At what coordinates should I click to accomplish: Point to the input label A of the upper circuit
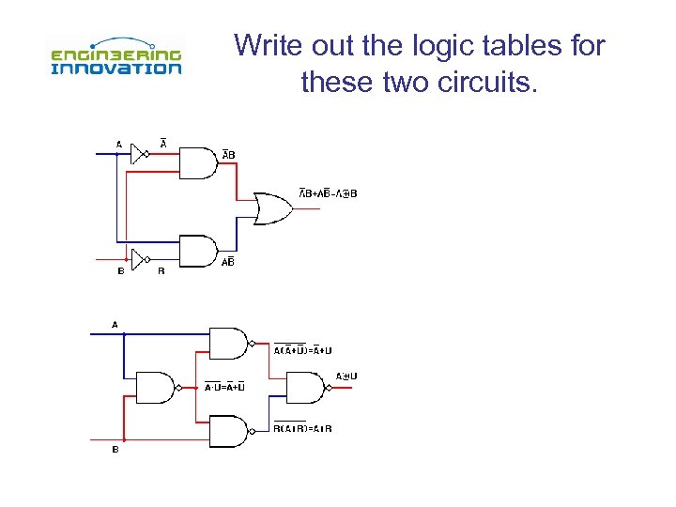coord(118,144)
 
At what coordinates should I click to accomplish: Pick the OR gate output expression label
coord(328,193)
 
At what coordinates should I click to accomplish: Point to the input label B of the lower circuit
coord(115,449)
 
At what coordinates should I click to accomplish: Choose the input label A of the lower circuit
coord(115,324)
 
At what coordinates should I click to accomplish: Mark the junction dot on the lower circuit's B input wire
coord(125,439)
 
